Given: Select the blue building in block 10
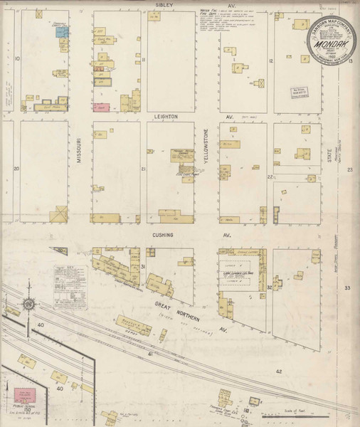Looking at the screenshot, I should point(62,33).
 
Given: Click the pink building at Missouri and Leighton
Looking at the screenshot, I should point(98,107).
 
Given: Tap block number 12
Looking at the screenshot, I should point(270,61).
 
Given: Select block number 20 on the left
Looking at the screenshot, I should point(16,168).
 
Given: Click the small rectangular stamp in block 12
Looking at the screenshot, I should point(290,90).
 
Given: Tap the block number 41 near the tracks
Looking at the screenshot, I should point(151,353).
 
